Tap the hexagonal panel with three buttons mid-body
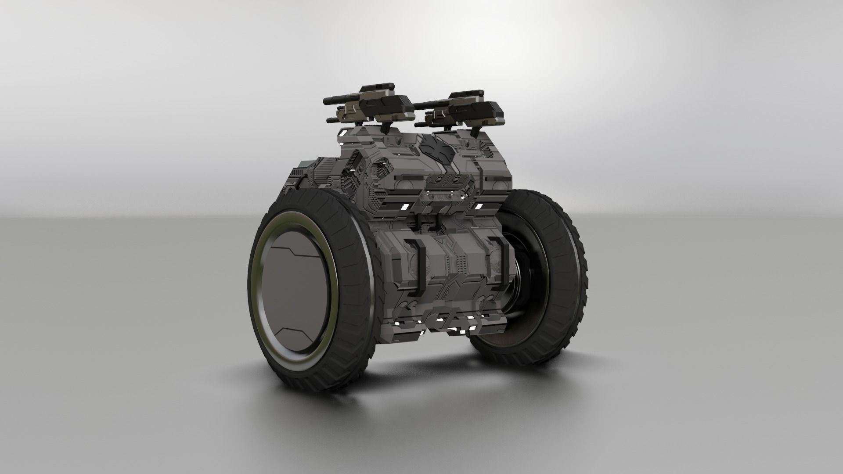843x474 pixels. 443,180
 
